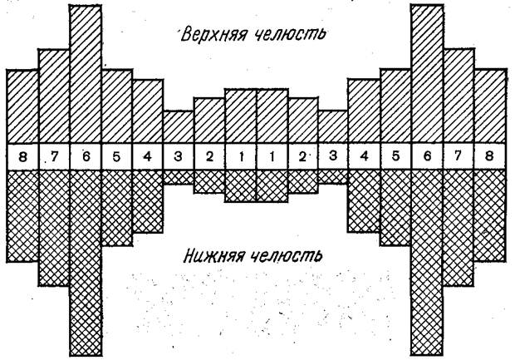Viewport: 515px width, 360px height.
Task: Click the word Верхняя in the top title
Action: click(x=213, y=34)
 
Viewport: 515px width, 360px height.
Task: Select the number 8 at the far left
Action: click(x=22, y=156)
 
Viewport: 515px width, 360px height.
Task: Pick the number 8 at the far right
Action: click(x=489, y=155)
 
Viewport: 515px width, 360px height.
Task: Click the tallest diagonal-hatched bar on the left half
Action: click(x=86, y=74)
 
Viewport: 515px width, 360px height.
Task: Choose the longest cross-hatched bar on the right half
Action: click(x=427, y=263)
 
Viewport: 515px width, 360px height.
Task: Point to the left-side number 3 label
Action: click(x=178, y=156)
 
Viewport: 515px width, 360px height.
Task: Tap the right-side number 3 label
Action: click(x=333, y=155)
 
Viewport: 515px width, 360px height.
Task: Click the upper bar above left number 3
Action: click(x=178, y=127)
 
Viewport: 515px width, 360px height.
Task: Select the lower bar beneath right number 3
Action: click(x=333, y=176)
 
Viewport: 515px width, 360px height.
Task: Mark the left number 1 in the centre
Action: click(x=242, y=156)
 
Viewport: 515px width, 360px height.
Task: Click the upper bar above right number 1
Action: click(x=272, y=116)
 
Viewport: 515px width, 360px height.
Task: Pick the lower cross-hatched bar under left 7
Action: click(x=54, y=228)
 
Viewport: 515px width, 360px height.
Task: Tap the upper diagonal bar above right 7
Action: click(x=459, y=96)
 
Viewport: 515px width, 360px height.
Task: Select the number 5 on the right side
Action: click(x=395, y=155)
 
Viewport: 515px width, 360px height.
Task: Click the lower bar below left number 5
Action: click(x=117, y=208)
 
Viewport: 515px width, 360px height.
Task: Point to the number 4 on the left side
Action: click(x=148, y=156)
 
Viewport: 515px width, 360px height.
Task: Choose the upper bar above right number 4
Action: click(x=364, y=111)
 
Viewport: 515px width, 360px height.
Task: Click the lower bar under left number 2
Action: click(x=209, y=181)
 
